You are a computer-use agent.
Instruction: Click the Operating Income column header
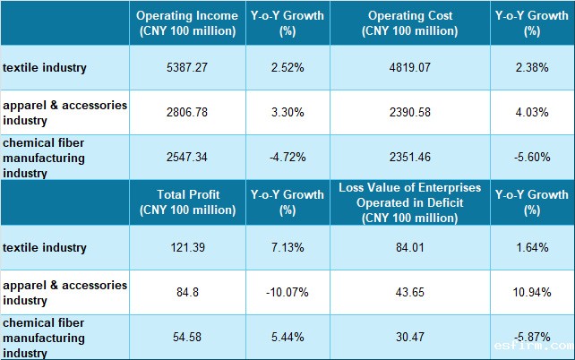(x=186, y=23)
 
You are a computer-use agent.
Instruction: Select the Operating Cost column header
(x=409, y=23)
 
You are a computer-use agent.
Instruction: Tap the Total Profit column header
(x=186, y=201)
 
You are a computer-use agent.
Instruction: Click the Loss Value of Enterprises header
(x=409, y=201)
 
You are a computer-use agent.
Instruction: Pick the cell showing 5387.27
(x=186, y=67)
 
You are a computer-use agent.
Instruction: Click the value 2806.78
(x=186, y=113)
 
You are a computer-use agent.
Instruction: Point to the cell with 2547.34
(x=186, y=158)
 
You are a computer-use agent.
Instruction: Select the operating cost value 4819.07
(x=409, y=67)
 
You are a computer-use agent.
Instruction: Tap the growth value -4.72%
(x=287, y=158)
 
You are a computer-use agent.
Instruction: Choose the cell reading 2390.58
(x=409, y=113)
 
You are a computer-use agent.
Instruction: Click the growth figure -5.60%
(x=532, y=158)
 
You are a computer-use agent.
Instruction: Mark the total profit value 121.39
(x=186, y=246)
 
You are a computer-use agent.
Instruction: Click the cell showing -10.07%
(x=287, y=292)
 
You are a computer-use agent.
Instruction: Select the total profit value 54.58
(x=186, y=337)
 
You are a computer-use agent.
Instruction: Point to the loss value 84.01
(x=409, y=246)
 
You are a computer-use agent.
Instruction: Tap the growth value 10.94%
(x=532, y=292)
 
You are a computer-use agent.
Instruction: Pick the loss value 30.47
(x=409, y=337)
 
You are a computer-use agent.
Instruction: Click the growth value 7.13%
(x=287, y=246)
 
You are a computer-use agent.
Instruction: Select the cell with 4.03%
(x=532, y=113)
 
